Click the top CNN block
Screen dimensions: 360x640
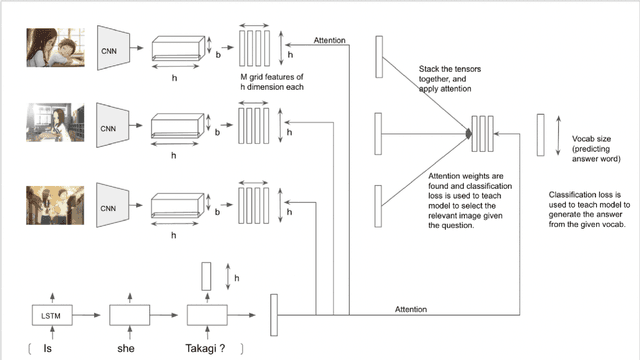tap(109, 46)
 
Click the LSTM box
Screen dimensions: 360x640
tap(49, 316)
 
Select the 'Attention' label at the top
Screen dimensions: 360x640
tap(330, 41)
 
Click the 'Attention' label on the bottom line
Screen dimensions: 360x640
tap(413, 309)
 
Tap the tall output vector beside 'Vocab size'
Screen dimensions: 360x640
tap(541, 133)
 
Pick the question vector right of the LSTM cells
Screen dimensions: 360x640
tap(274, 315)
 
